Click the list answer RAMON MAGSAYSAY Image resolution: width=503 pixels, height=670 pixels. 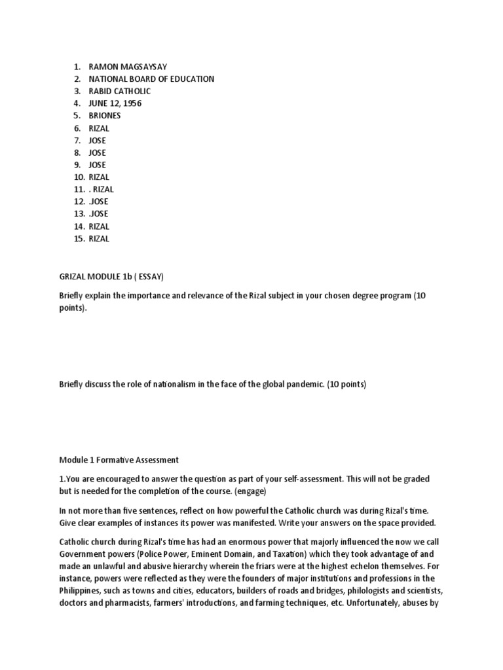(x=128, y=67)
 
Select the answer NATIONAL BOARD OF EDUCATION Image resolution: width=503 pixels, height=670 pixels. (x=151, y=79)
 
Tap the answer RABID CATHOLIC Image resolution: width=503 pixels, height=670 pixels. (x=119, y=91)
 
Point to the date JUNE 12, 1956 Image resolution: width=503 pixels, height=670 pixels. (x=115, y=103)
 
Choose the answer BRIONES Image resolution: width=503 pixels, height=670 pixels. (x=105, y=116)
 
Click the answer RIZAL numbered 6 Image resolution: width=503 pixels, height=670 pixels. (x=100, y=128)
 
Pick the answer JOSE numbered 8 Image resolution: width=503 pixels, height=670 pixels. (x=97, y=152)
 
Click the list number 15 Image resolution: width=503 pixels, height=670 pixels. (x=79, y=239)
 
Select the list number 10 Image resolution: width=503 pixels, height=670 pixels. (x=79, y=177)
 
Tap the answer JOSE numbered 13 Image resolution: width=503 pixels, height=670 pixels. (x=98, y=214)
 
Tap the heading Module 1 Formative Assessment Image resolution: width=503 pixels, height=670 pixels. (x=119, y=460)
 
